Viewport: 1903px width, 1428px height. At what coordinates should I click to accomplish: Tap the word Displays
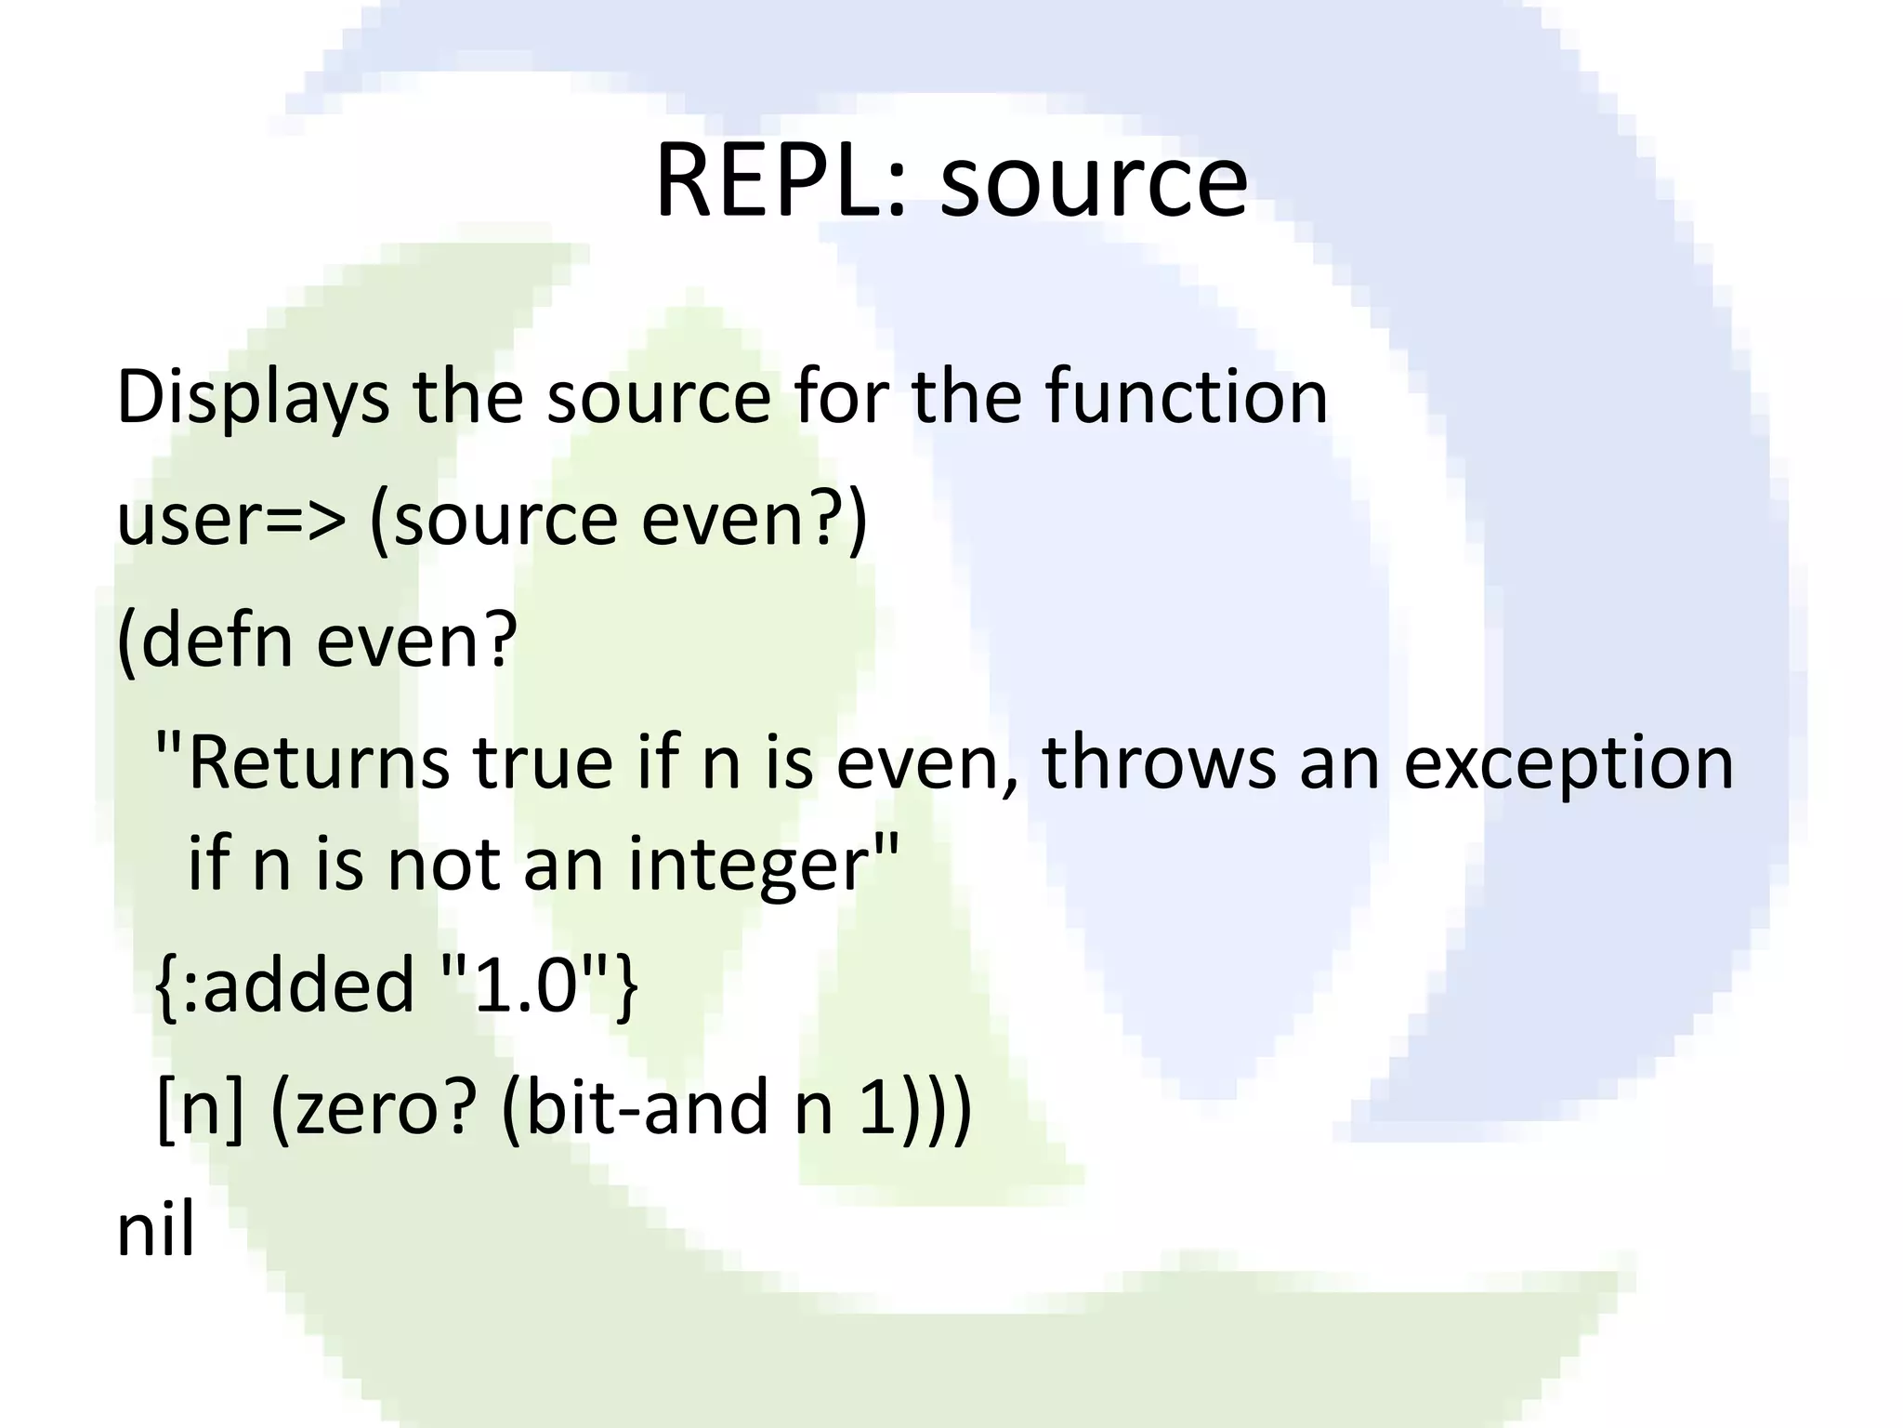click(253, 398)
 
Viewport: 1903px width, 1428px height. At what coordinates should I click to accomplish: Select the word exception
click(1568, 763)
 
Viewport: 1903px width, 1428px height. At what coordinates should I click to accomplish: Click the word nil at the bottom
click(155, 1230)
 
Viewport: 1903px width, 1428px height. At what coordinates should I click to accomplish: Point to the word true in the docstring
click(543, 763)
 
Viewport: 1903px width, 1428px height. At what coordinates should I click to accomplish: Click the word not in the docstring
click(443, 865)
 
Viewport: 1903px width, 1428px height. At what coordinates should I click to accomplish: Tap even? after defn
click(415, 641)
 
